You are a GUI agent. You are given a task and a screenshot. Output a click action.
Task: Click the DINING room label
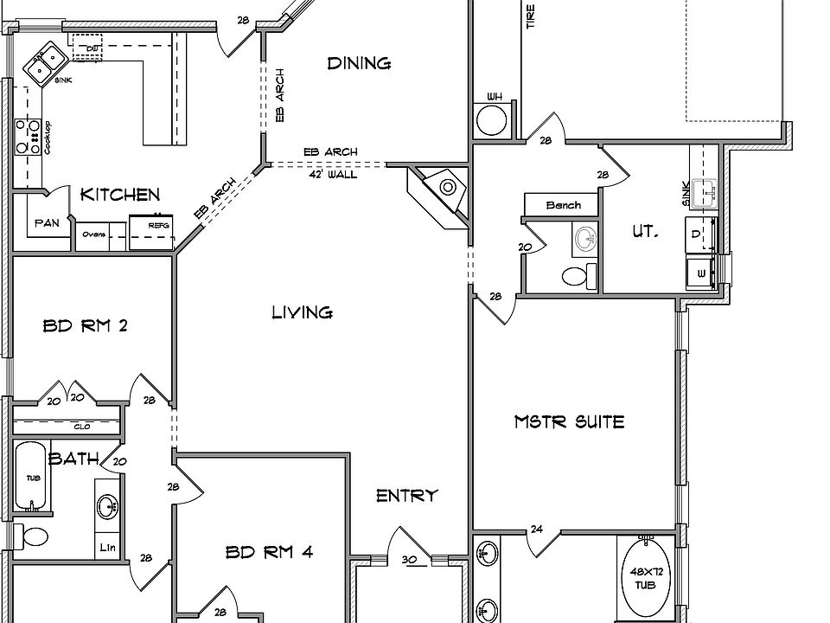pyautogui.click(x=359, y=63)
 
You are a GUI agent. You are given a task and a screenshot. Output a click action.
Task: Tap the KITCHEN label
pyautogui.click(x=120, y=195)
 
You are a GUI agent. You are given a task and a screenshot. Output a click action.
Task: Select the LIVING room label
pyautogui.click(x=303, y=312)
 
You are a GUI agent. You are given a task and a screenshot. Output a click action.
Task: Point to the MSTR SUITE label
pyautogui.click(x=569, y=422)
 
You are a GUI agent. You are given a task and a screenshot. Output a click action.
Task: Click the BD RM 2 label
pyautogui.click(x=86, y=326)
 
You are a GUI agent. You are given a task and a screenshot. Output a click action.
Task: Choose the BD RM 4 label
pyautogui.click(x=269, y=552)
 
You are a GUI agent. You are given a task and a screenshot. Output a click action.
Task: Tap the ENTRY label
pyautogui.click(x=406, y=496)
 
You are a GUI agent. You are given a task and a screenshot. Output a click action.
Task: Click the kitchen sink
pyautogui.click(x=45, y=63)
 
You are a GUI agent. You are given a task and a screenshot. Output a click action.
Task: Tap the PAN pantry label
pyautogui.click(x=47, y=223)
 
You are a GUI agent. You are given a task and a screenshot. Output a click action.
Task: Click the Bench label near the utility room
pyautogui.click(x=563, y=205)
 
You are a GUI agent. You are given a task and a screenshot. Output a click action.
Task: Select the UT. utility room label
pyautogui.click(x=645, y=232)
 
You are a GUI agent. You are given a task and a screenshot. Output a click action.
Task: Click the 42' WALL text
pyautogui.click(x=333, y=174)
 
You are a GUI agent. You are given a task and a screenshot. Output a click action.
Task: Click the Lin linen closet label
pyautogui.click(x=107, y=547)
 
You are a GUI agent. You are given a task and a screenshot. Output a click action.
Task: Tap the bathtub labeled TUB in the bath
pyautogui.click(x=33, y=477)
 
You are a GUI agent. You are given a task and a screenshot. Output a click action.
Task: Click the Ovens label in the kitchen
pyautogui.click(x=93, y=234)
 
